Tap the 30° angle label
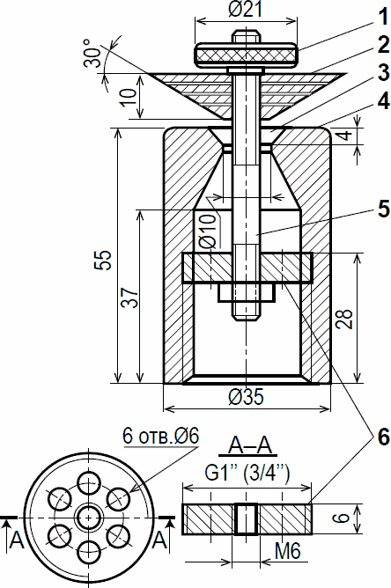[x=92, y=53]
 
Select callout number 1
[x=382, y=18]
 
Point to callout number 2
[x=382, y=45]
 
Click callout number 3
[x=383, y=72]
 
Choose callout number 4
[x=383, y=100]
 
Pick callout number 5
[x=383, y=209]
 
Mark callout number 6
[x=383, y=437]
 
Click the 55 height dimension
[x=103, y=260]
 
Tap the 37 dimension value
[x=129, y=298]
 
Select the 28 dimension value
[x=344, y=319]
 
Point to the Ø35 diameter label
[x=246, y=396]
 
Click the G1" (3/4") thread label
[x=247, y=474]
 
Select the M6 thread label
[x=287, y=552]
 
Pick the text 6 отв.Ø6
[x=161, y=436]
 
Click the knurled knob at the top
[x=247, y=55]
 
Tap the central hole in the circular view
[x=89, y=518]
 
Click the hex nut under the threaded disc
[x=247, y=292]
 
